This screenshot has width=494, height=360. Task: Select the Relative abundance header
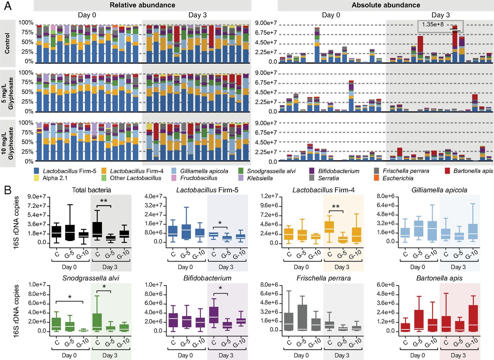coord(142,5)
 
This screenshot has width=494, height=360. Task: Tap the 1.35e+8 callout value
coord(433,24)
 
